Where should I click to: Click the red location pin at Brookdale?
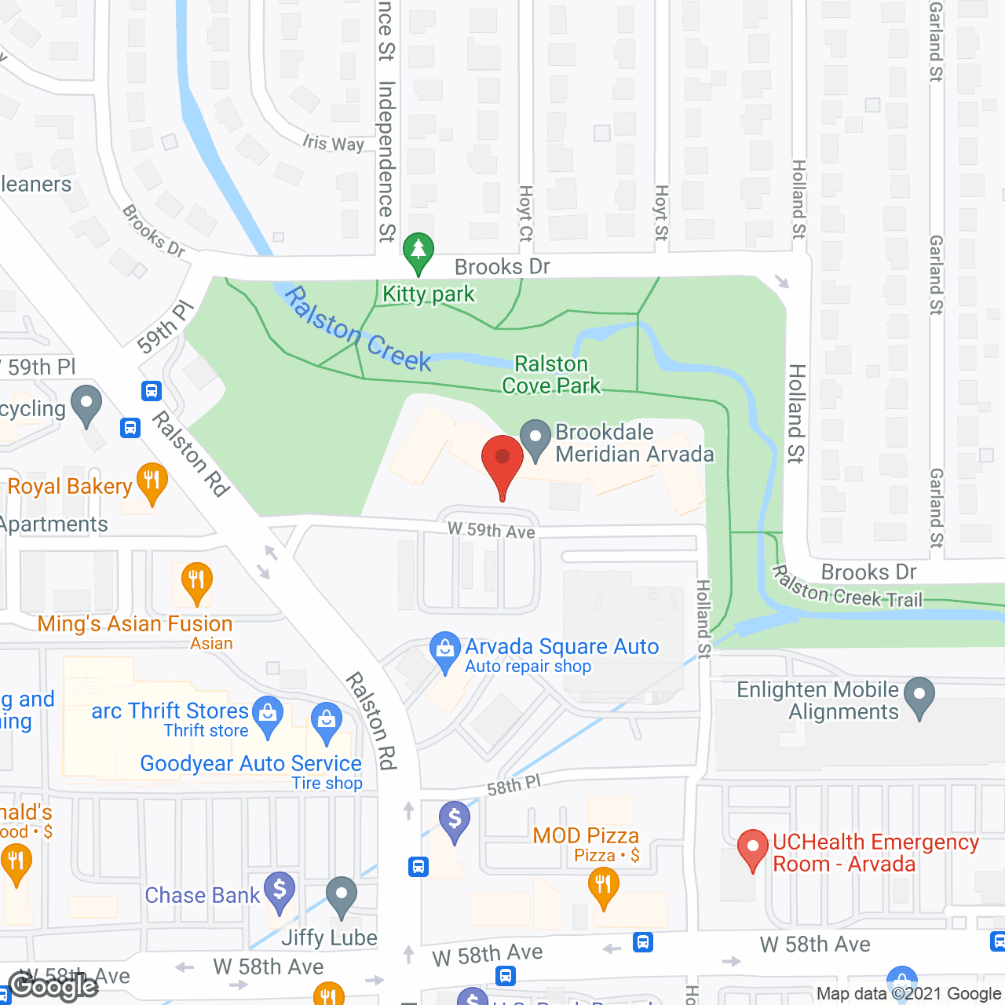pyautogui.click(x=502, y=459)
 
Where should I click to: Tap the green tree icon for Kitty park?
pyautogui.click(x=418, y=251)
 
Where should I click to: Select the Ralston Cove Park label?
pyautogui.click(x=551, y=375)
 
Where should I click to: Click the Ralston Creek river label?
pyautogui.click(x=357, y=329)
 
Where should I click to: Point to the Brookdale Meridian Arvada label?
pyautogui.click(x=634, y=443)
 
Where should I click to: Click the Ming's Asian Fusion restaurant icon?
pyautogui.click(x=196, y=582)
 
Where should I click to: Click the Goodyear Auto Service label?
pyautogui.click(x=250, y=763)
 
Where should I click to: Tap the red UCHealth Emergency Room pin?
pyautogui.click(x=753, y=849)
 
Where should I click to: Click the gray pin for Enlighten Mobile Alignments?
pyautogui.click(x=919, y=696)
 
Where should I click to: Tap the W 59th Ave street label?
pyautogui.click(x=492, y=530)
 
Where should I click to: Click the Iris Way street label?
pyautogui.click(x=334, y=143)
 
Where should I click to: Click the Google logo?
pyautogui.click(x=53, y=986)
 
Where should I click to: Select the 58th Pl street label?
pyautogui.click(x=514, y=785)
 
